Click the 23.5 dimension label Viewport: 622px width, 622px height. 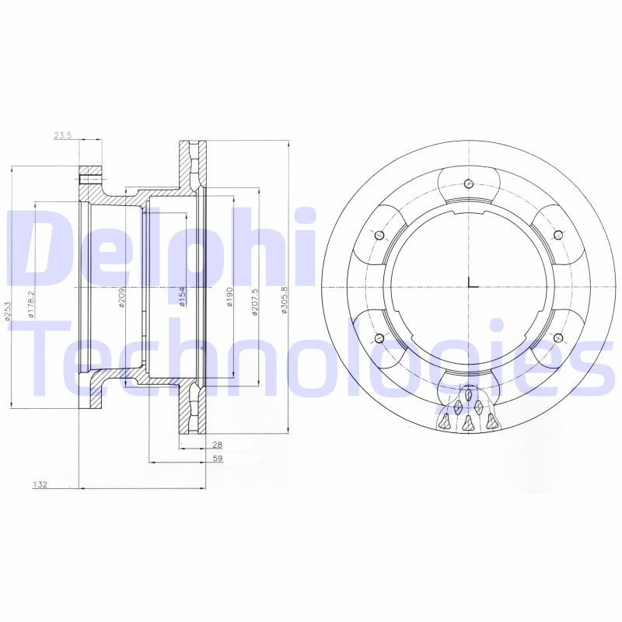[x=63, y=135]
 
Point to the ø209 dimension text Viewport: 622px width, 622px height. [x=122, y=297]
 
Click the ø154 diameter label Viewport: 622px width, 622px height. [x=180, y=296]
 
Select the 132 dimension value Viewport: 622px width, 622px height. [x=40, y=485]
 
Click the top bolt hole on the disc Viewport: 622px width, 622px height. [x=468, y=183]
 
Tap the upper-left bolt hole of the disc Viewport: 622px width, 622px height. [x=379, y=236]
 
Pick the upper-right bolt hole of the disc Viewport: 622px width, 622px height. [x=557, y=235]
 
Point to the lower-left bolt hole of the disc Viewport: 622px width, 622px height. [x=379, y=337]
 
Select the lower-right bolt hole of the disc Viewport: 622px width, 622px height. [x=557, y=337]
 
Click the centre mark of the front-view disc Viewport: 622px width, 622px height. [x=470, y=286]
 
